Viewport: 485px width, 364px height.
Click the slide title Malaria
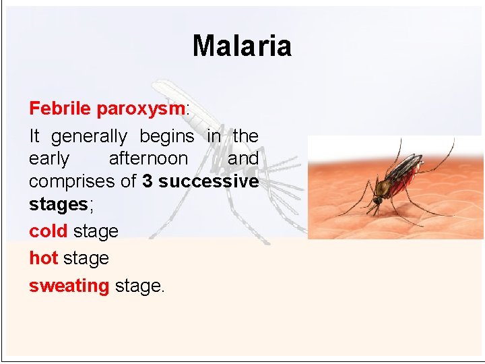[x=242, y=47]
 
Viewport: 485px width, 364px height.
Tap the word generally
[x=89, y=137]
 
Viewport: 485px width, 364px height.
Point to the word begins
[x=166, y=136]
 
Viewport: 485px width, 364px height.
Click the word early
[x=48, y=159]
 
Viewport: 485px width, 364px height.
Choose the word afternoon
[x=148, y=158]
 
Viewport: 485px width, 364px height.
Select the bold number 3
[x=148, y=181]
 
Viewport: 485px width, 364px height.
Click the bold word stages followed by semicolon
[x=58, y=204]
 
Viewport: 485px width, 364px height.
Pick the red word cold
[x=48, y=231]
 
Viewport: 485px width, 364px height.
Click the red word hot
[x=43, y=258]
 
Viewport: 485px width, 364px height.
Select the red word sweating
[x=69, y=286]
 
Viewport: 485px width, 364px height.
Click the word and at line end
[x=243, y=158]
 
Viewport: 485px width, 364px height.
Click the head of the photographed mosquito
[x=379, y=200]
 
